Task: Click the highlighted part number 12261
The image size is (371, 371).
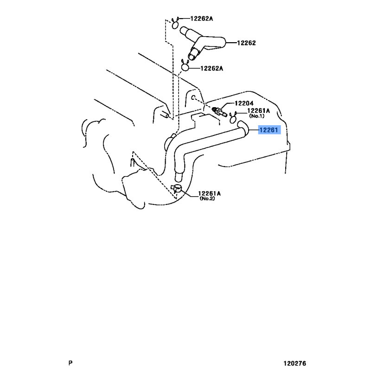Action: (269, 130)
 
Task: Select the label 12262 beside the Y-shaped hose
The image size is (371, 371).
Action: (246, 43)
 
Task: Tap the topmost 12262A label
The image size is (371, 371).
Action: (202, 19)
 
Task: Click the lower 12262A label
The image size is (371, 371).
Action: (212, 68)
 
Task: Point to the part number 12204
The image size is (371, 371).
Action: (244, 103)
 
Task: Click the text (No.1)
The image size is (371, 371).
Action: (257, 116)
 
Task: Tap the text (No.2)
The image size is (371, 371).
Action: (207, 198)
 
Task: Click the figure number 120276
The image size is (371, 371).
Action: (295, 363)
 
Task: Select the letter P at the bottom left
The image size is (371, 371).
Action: (70, 363)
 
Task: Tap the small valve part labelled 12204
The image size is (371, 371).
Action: (219, 111)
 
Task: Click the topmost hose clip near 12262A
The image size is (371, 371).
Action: (175, 23)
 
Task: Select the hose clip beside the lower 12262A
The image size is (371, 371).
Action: (185, 66)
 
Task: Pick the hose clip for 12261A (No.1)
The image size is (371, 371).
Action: (233, 118)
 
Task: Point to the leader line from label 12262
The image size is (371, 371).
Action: (231, 43)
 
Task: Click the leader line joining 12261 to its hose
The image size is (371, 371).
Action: (253, 130)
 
